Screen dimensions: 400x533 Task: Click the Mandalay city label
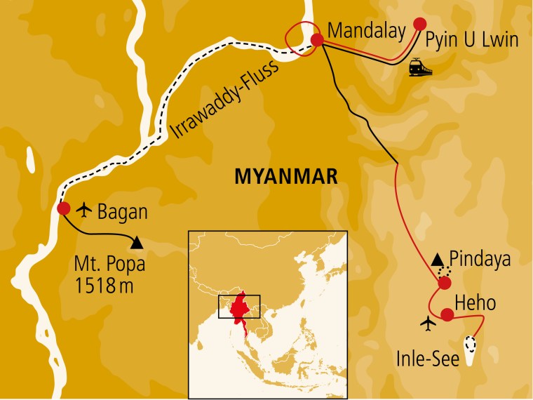tap(367, 31)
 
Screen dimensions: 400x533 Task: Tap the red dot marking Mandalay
tap(317, 40)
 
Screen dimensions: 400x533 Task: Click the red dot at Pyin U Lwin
tap(419, 22)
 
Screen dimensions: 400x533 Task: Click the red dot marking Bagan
tap(63, 208)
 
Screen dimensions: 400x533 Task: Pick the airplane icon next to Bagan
tap(86, 208)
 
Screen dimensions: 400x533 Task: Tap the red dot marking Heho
tap(447, 314)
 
